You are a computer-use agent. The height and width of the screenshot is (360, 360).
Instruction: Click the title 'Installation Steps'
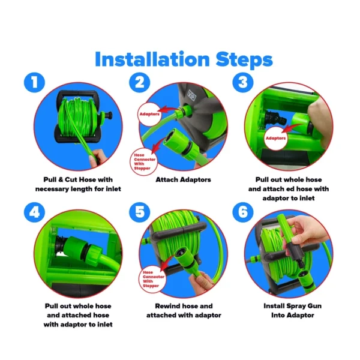click(183, 59)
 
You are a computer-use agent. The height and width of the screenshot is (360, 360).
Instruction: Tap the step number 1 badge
click(35, 82)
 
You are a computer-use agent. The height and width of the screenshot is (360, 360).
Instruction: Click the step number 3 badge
click(242, 82)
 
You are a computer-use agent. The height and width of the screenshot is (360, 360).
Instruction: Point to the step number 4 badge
click(35, 213)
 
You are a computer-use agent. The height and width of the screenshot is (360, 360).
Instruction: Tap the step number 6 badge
click(242, 213)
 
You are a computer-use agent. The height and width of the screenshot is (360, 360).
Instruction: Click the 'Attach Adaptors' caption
click(183, 179)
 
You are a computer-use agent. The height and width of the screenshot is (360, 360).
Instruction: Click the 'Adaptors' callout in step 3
click(275, 137)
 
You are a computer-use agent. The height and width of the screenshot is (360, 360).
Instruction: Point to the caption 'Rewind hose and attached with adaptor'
click(183, 310)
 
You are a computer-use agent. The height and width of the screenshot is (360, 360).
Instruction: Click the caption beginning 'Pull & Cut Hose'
click(78, 184)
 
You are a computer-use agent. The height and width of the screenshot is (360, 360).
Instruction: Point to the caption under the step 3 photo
click(288, 188)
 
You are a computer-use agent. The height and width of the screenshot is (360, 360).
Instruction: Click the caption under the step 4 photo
click(78, 315)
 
